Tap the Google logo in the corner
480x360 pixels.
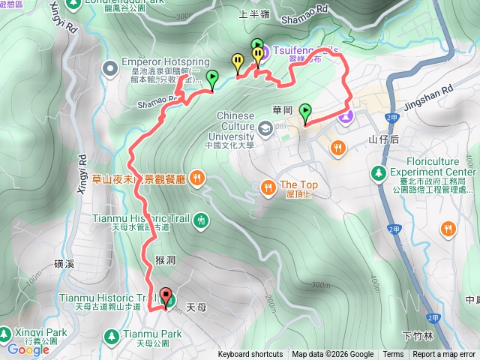[x=28, y=349]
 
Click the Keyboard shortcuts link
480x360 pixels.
[x=250, y=355]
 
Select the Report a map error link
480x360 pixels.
[x=443, y=355]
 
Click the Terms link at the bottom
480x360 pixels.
[x=393, y=355]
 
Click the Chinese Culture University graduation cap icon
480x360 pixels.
[x=265, y=130]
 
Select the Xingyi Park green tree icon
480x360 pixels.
[x=6, y=331]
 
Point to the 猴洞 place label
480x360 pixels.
[x=166, y=259]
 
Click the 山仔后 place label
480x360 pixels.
[x=382, y=139]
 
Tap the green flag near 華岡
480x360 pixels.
[x=305, y=112]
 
